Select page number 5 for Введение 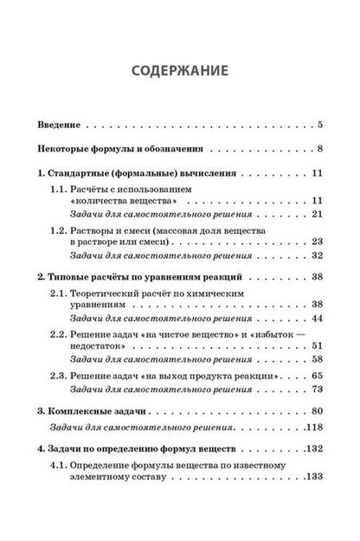(x=320, y=125)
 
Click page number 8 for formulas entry (x=320, y=150)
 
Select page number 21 (x=318, y=213)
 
